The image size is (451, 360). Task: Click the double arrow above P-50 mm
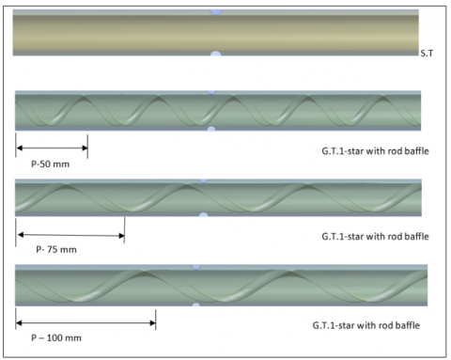(x=52, y=147)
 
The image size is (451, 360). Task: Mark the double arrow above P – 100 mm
(x=86, y=323)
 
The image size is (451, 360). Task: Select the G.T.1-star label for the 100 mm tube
(x=366, y=325)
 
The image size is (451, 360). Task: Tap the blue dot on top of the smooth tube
(x=216, y=11)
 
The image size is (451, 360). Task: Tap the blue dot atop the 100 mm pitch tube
(x=196, y=268)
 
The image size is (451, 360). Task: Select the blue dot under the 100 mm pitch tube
(x=196, y=305)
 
